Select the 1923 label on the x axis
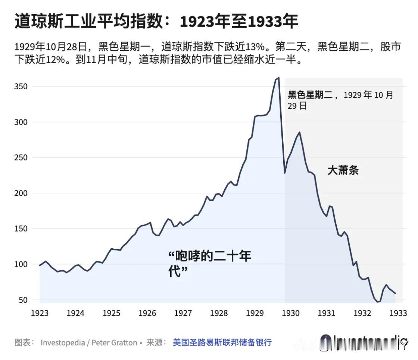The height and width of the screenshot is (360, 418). pyautogui.click(x=40, y=313)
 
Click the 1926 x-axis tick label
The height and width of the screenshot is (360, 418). pyautogui.click(x=147, y=313)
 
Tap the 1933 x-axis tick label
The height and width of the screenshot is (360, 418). pyautogui.click(x=398, y=313)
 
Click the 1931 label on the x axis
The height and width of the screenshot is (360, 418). pyautogui.click(x=327, y=313)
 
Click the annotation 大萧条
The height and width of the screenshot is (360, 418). pyautogui.click(x=343, y=171)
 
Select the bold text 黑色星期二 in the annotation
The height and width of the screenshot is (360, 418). pyautogui.click(x=310, y=95)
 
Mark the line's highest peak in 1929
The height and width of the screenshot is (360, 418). pyautogui.click(x=278, y=78)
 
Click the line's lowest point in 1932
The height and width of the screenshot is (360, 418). pyautogui.click(x=378, y=302)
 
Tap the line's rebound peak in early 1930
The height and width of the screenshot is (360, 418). pyautogui.click(x=299, y=132)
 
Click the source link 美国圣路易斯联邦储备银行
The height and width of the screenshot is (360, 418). pyautogui.click(x=222, y=342)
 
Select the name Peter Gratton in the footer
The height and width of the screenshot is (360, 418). pyautogui.click(x=114, y=342)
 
